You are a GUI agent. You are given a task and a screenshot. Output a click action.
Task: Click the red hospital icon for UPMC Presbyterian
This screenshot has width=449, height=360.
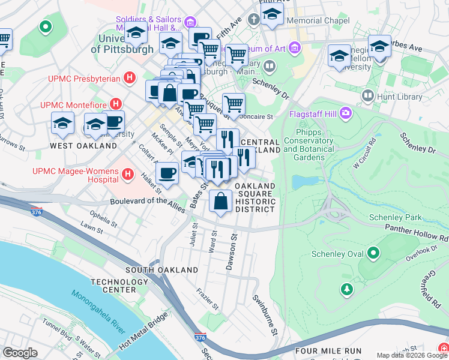(x=128, y=77)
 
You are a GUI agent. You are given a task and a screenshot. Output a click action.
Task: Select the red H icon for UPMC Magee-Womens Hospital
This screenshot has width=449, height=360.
(x=127, y=175)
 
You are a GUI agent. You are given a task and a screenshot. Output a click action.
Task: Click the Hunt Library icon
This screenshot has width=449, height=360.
(x=368, y=95)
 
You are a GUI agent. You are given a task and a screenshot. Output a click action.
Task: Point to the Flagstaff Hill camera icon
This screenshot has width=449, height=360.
(x=345, y=112)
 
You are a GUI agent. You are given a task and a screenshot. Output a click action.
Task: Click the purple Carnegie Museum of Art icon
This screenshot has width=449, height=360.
(x=294, y=47)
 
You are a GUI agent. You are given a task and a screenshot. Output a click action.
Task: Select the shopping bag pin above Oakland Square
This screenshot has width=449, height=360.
(x=221, y=202)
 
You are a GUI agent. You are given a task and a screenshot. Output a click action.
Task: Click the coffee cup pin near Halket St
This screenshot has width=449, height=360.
(x=167, y=173)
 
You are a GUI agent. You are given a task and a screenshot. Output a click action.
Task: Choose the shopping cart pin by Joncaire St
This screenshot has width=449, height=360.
(x=234, y=104)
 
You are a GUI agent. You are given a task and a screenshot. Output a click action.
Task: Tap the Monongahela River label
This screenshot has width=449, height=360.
(x=99, y=312)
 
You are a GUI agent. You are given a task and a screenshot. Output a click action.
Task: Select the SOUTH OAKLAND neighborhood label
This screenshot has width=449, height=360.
(x=161, y=270)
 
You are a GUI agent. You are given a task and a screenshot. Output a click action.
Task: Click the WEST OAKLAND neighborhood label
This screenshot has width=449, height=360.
(x=83, y=146)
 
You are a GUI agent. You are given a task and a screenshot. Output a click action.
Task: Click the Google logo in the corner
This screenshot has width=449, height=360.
(x=20, y=353)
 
